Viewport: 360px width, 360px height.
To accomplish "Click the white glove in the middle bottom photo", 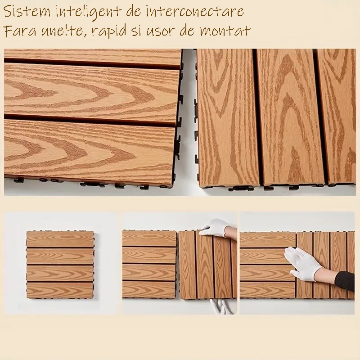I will pyautogui.click(x=214, y=228).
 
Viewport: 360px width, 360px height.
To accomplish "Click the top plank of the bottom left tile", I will pyautogui.click(x=60, y=239).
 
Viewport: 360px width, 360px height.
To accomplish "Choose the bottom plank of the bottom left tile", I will pyautogui.click(x=60, y=290).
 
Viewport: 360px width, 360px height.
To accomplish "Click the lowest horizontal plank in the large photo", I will pyautogui.click(x=90, y=151).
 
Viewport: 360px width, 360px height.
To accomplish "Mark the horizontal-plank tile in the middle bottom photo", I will pyautogui.click(x=149, y=265).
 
